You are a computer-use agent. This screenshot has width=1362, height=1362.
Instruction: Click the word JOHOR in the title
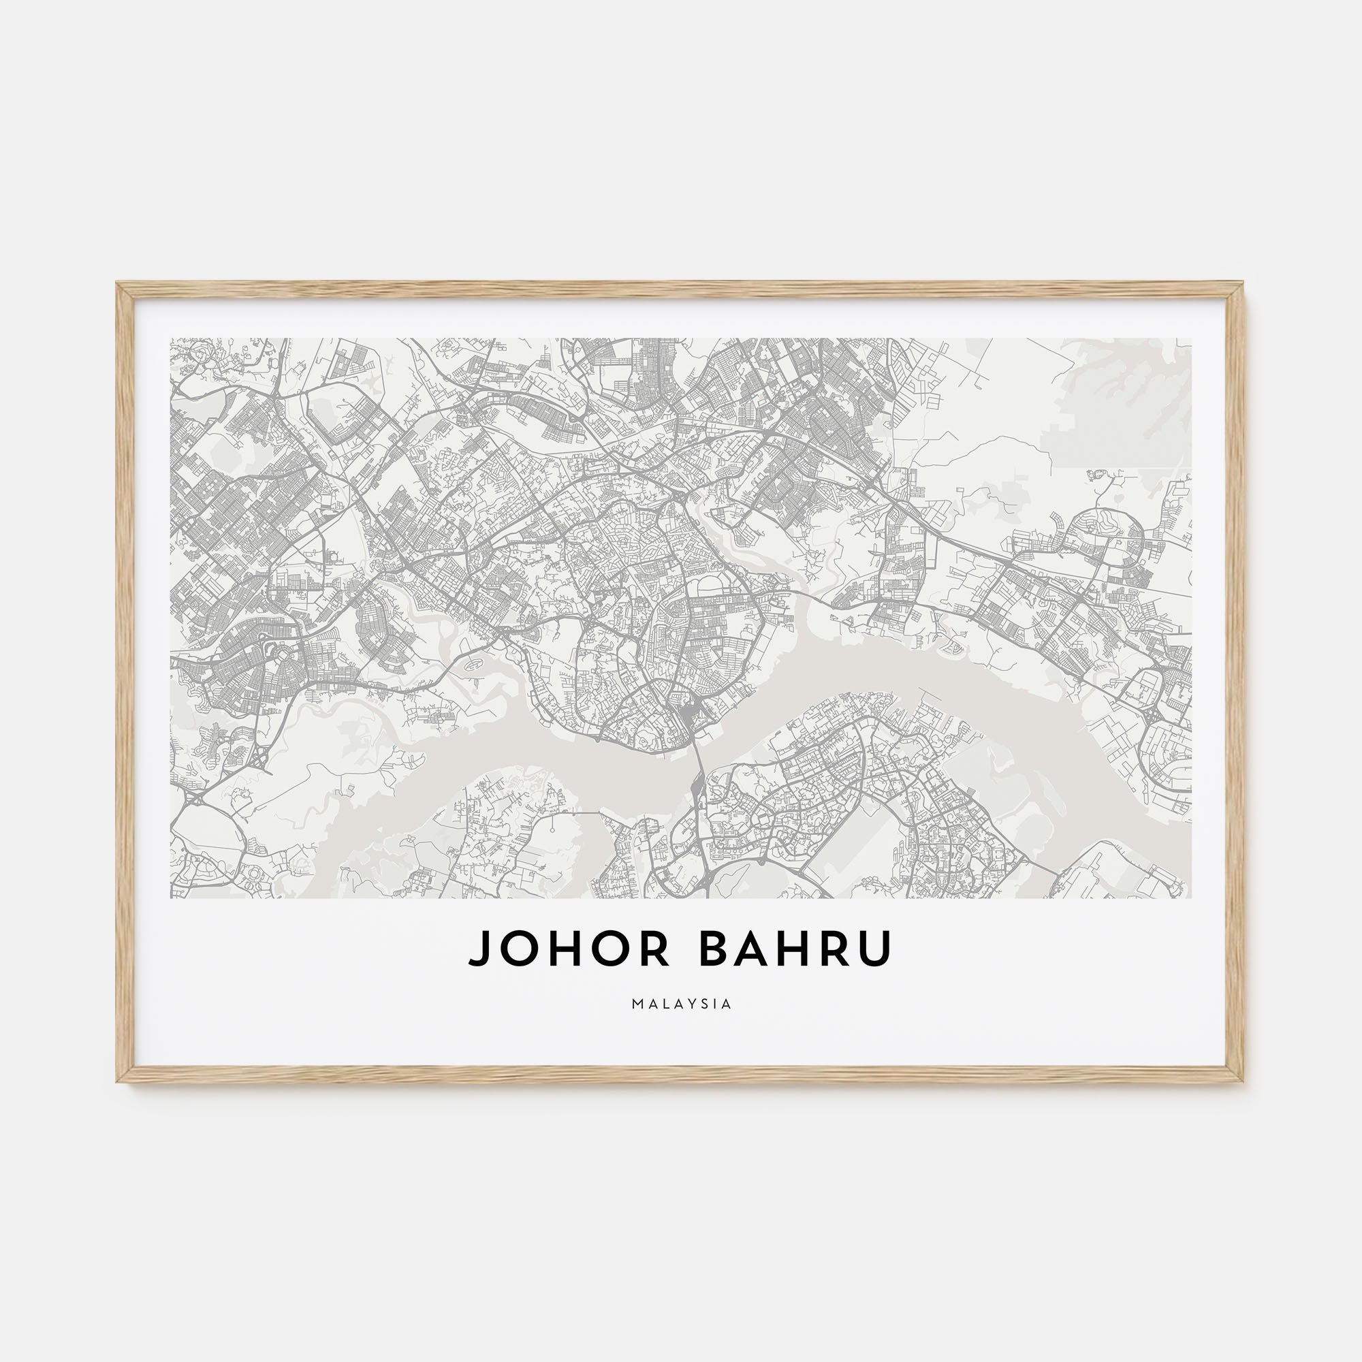pyautogui.click(x=569, y=949)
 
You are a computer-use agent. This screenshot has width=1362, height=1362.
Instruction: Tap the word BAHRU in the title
pyautogui.click(x=795, y=949)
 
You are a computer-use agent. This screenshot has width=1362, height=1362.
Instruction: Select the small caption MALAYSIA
pyautogui.click(x=682, y=1004)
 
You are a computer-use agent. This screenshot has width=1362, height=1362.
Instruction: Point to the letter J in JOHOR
pyautogui.click(x=479, y=949)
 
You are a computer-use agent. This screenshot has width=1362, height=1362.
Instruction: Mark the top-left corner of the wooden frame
pyautogui.click(x=118, y=284)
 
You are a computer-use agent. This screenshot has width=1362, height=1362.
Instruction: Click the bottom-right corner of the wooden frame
pyautogui.click(x=1241, y=1080)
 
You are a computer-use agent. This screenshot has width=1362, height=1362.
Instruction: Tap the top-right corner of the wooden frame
pyautogui.click(x=1241, y=284)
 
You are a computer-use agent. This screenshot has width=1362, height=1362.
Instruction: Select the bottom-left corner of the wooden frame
pyautogui.click(x=118, y=1080)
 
